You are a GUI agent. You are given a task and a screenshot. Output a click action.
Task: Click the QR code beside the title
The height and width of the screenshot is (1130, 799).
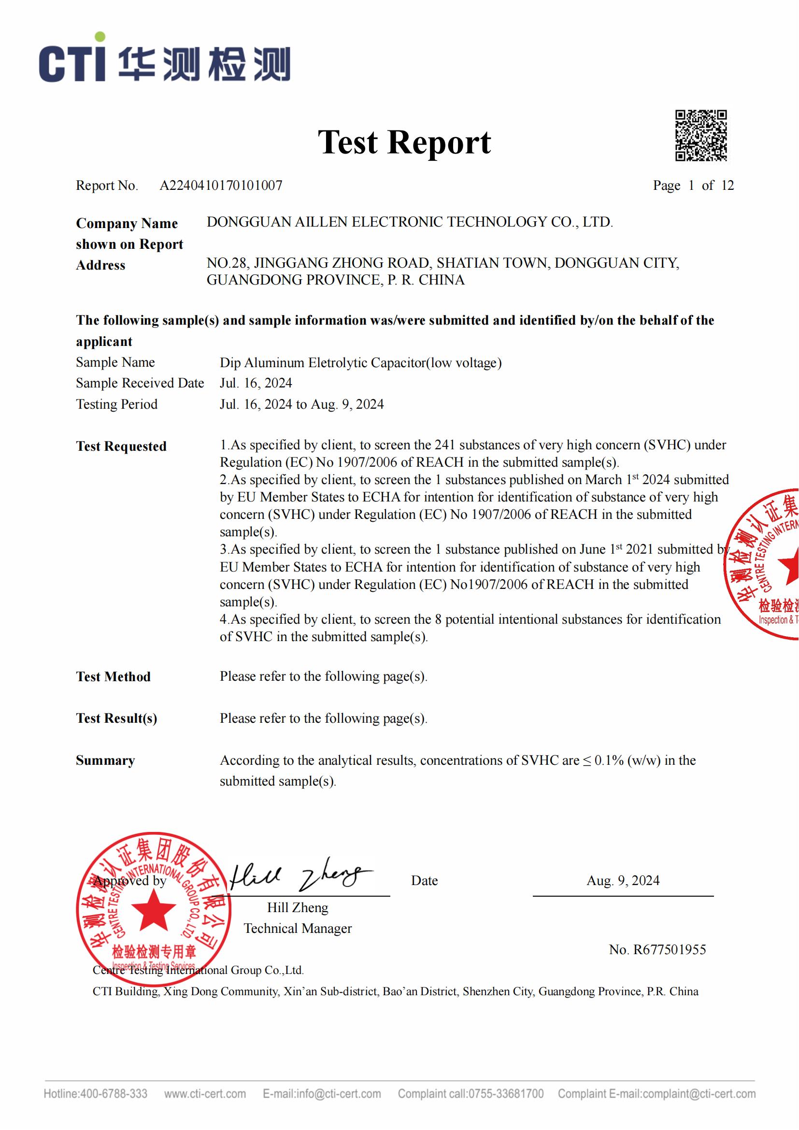[700, 135]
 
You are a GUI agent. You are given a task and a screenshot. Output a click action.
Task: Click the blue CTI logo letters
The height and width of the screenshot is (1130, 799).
[73, 61]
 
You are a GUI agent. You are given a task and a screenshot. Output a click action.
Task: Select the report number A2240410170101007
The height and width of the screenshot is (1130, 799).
[221, 186]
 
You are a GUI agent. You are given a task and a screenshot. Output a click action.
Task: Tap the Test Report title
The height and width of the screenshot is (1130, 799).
[404, 142]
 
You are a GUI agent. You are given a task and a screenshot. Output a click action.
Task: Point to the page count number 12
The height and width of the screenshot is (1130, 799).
[727, 186]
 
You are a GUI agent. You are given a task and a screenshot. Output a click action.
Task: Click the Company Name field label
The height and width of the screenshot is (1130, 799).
[127, 224]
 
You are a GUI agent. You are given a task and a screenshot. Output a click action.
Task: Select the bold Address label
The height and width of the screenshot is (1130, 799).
[100, 265]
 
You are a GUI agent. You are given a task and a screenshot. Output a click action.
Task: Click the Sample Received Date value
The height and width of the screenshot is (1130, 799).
[256, 383]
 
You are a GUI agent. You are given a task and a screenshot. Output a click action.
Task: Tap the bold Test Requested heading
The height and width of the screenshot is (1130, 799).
[121, 446]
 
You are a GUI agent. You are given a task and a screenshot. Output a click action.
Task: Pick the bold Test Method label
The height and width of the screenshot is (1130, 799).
[113, 677]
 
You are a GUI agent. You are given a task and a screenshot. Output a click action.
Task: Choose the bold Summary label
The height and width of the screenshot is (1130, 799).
[105, 760]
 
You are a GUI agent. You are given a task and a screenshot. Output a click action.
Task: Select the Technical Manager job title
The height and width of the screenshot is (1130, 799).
[298, 928]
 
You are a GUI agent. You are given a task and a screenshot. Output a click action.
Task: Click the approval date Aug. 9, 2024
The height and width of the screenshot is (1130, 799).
[622, 881]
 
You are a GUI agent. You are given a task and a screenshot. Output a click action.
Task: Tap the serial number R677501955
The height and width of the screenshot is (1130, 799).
[669, 949]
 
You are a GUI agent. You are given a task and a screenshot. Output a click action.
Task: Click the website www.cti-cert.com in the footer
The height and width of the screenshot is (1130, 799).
[205, 1094]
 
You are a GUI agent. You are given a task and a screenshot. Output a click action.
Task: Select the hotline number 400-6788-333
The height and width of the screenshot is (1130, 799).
[114, 1094]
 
